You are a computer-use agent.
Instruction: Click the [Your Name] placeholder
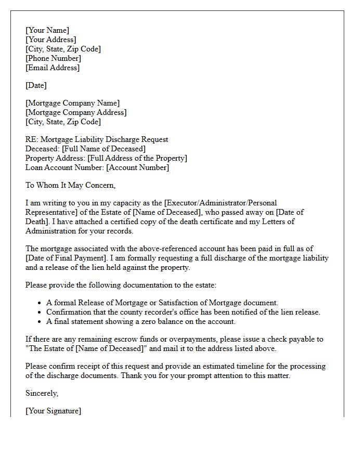[x=47, y=30]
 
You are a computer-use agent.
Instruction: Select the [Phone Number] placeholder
[x=53, y=58]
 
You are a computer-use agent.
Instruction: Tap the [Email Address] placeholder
[x=53, y=68]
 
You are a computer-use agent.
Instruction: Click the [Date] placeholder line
[x=36, y=85]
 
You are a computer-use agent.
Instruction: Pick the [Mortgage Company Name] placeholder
[x=72, y=103]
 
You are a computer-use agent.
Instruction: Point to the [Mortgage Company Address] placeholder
[x=76, y=112]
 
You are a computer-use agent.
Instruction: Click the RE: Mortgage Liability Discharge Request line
[x=97, y=139]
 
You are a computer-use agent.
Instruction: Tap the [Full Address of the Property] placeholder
[x=137, y=158]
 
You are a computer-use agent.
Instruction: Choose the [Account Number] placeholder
[x=138, y=167]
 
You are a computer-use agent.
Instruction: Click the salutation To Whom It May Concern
[x=70, y=185]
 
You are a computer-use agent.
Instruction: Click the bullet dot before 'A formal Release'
[x=40, y=303]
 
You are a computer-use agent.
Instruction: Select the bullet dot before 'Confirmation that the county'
[x=40, y=313]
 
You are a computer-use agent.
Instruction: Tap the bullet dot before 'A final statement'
[x=40, y=322]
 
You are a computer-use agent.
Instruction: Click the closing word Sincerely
[x=42, y=393]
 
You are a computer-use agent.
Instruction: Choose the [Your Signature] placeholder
[x=53, y=411]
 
